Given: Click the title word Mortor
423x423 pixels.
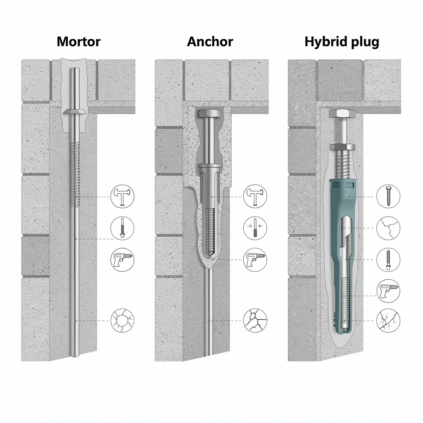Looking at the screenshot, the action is click(78, 42).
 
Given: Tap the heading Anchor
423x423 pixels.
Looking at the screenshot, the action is click(210, 42).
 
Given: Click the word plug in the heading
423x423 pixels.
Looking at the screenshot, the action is click(365, 43).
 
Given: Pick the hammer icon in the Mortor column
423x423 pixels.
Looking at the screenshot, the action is click(122, 196).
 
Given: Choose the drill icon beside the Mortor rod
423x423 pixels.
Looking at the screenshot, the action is click(122, 260).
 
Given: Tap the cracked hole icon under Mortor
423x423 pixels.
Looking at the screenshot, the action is click(122, 321).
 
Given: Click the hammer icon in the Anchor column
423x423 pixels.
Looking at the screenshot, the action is click(255, 196).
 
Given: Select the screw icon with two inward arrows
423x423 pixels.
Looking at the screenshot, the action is click(255, 228).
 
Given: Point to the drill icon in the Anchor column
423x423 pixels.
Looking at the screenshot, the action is click(255, 260).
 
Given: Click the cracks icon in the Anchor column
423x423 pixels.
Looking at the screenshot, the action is click(255, 321).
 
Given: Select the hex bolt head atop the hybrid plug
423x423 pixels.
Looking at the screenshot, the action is click(342, 113).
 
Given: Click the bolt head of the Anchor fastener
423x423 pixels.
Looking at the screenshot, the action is click(209, 113).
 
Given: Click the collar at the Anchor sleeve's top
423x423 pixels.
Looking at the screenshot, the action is click(210, 166).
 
